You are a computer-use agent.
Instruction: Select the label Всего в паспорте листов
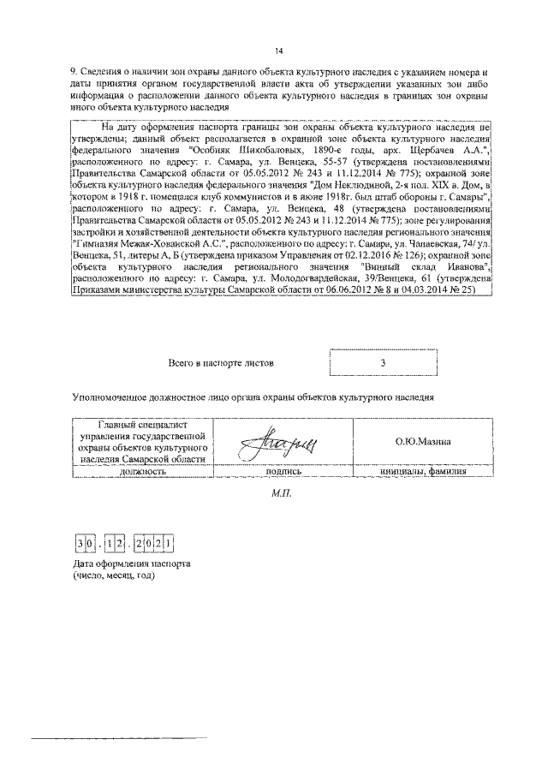222,363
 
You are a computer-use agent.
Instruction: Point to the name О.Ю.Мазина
424,441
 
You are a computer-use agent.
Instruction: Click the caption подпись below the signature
283,470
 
